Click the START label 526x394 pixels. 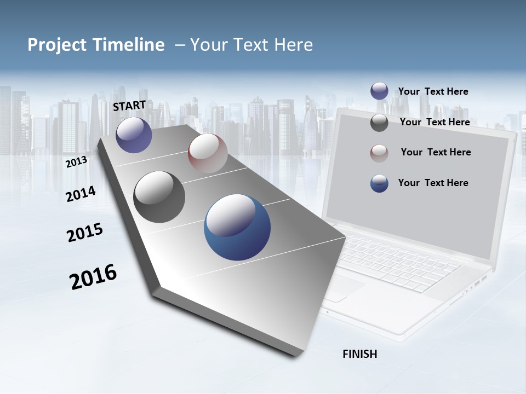[x=129, y=106]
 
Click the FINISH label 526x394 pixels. [x=360, y=354]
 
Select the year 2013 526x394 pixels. [x=76, y=162]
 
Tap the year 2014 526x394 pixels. [x=81, y=194]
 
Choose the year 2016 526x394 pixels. [x=93, y=277]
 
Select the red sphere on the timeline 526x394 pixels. [x=208, y=153]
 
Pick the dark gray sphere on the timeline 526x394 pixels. [x=159, y=197]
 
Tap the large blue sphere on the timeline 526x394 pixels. [x=237, y=227]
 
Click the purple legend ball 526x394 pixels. [x=379, y=91]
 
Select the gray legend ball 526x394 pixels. [x=379, y=123]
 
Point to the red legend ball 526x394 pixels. [x=379, y=153]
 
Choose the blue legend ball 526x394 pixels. [x=379, y=183]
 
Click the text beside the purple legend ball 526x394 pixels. [x=433, y=91]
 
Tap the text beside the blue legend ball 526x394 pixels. [x=433, y=183]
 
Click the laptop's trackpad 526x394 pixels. [x=344, y=287]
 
